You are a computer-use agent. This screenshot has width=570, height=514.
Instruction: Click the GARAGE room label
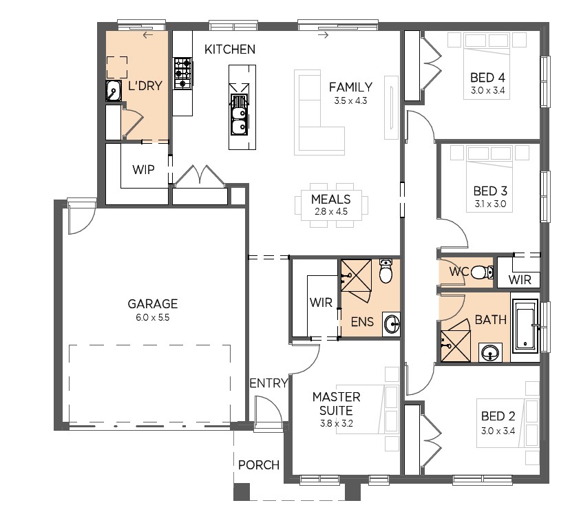tap(153, 303)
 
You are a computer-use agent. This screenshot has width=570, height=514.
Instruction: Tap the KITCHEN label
tap(230, 50)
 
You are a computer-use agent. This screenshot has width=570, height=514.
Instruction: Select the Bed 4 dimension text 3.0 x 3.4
tap(488, 90)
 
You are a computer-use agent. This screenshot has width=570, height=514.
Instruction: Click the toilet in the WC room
tap(482, 272)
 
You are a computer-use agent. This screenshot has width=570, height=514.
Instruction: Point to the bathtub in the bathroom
tap(525, 326)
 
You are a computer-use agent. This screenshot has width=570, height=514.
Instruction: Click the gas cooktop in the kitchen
tap(182, 74)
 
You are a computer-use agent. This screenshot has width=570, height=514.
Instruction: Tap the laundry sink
tap(114, 90)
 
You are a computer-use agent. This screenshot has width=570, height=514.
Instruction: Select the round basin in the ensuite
tap(392, 323)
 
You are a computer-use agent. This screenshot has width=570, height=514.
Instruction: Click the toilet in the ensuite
tap(386, 270)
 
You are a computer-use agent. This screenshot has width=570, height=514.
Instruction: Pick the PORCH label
tap(258, 465)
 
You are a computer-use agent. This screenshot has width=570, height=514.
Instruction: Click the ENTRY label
tap(269, 383)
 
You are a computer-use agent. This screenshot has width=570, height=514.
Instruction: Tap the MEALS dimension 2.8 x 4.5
tap(331, 211)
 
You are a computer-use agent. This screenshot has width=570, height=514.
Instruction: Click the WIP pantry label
tap(143, 170)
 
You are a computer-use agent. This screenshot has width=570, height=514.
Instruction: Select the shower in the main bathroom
tap(455, 346)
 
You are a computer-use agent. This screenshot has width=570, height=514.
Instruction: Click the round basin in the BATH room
tap(490, 352)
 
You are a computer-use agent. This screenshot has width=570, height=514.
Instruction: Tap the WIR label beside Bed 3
tap(520, 280)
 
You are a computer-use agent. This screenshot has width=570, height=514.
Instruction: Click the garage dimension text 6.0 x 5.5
tap(153, 317)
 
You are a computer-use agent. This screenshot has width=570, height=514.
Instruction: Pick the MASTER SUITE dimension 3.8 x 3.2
tap(336, 424)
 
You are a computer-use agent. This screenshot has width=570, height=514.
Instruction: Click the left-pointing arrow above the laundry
tap(148, 35)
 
